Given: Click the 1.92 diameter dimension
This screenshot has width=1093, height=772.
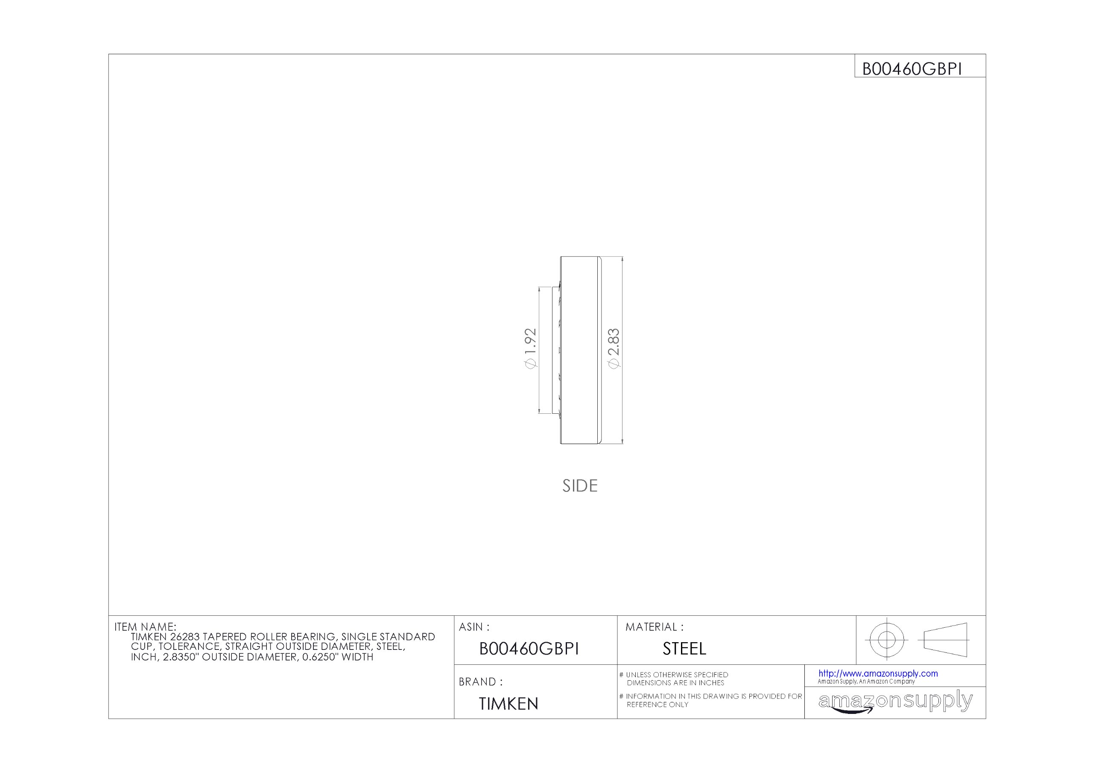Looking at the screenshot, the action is point(530,348).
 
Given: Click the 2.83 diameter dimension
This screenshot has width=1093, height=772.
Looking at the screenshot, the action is point(614,348).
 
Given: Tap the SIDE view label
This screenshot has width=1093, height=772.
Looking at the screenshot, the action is point(580,485).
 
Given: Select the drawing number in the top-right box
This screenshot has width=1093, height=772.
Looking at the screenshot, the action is point(912,70).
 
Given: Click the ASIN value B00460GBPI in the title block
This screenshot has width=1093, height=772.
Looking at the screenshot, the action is point(529,649).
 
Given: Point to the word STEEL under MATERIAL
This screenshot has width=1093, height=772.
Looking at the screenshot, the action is point(684,649).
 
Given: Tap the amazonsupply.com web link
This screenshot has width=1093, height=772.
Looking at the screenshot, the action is point(878,673).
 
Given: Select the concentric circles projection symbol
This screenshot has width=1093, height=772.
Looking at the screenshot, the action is point(886,640).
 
